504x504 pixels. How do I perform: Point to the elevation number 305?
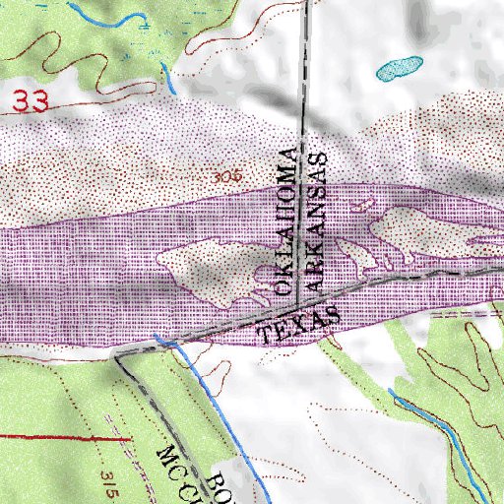(227, 177)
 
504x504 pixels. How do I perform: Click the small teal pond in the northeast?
(399, 68)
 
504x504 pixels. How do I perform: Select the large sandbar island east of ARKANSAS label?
(423, 232)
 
